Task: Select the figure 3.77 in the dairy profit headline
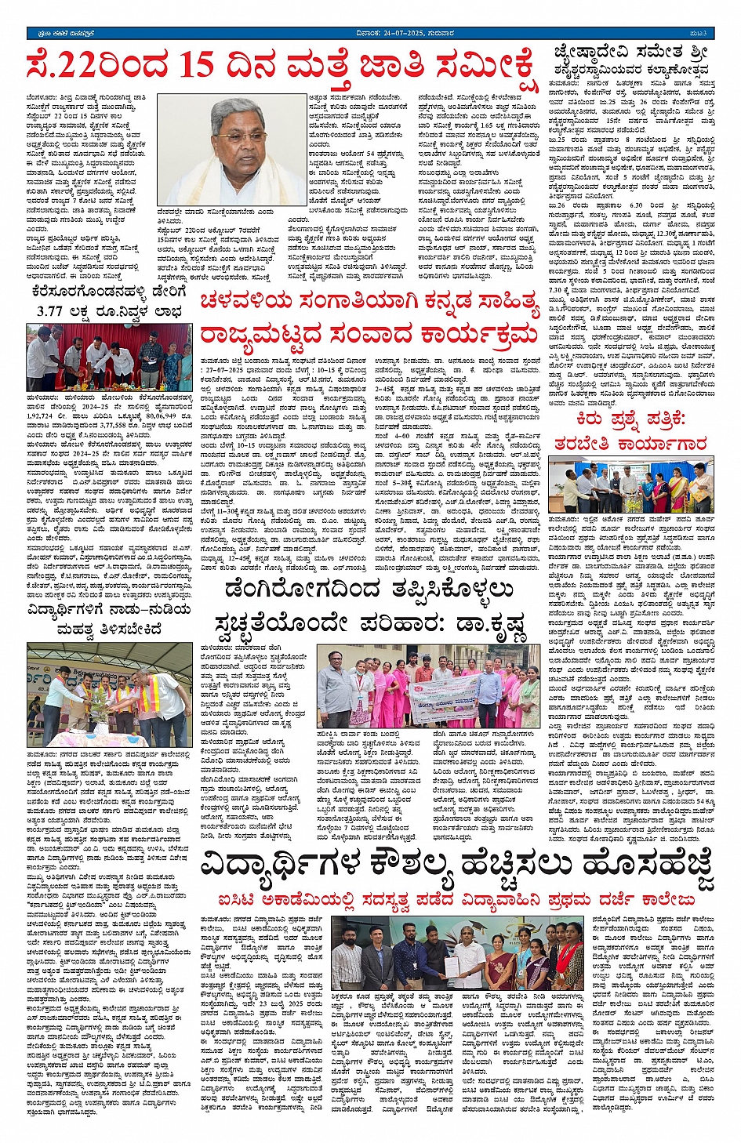point(56,311)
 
